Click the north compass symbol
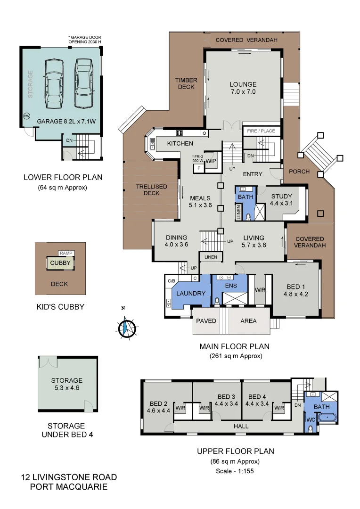[125, 328]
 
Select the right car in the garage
[83, 83]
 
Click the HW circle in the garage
[26, 116]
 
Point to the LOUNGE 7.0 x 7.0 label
[243, 88]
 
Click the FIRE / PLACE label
[261, 130]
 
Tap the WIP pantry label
[210, 160]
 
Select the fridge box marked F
[199, 168]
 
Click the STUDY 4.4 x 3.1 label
[282, 200]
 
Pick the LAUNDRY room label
[191, 293]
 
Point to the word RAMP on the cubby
[64, 253]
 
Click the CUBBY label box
[60, 263]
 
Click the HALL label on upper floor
[241, 427]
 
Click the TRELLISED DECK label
[152, 190]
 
